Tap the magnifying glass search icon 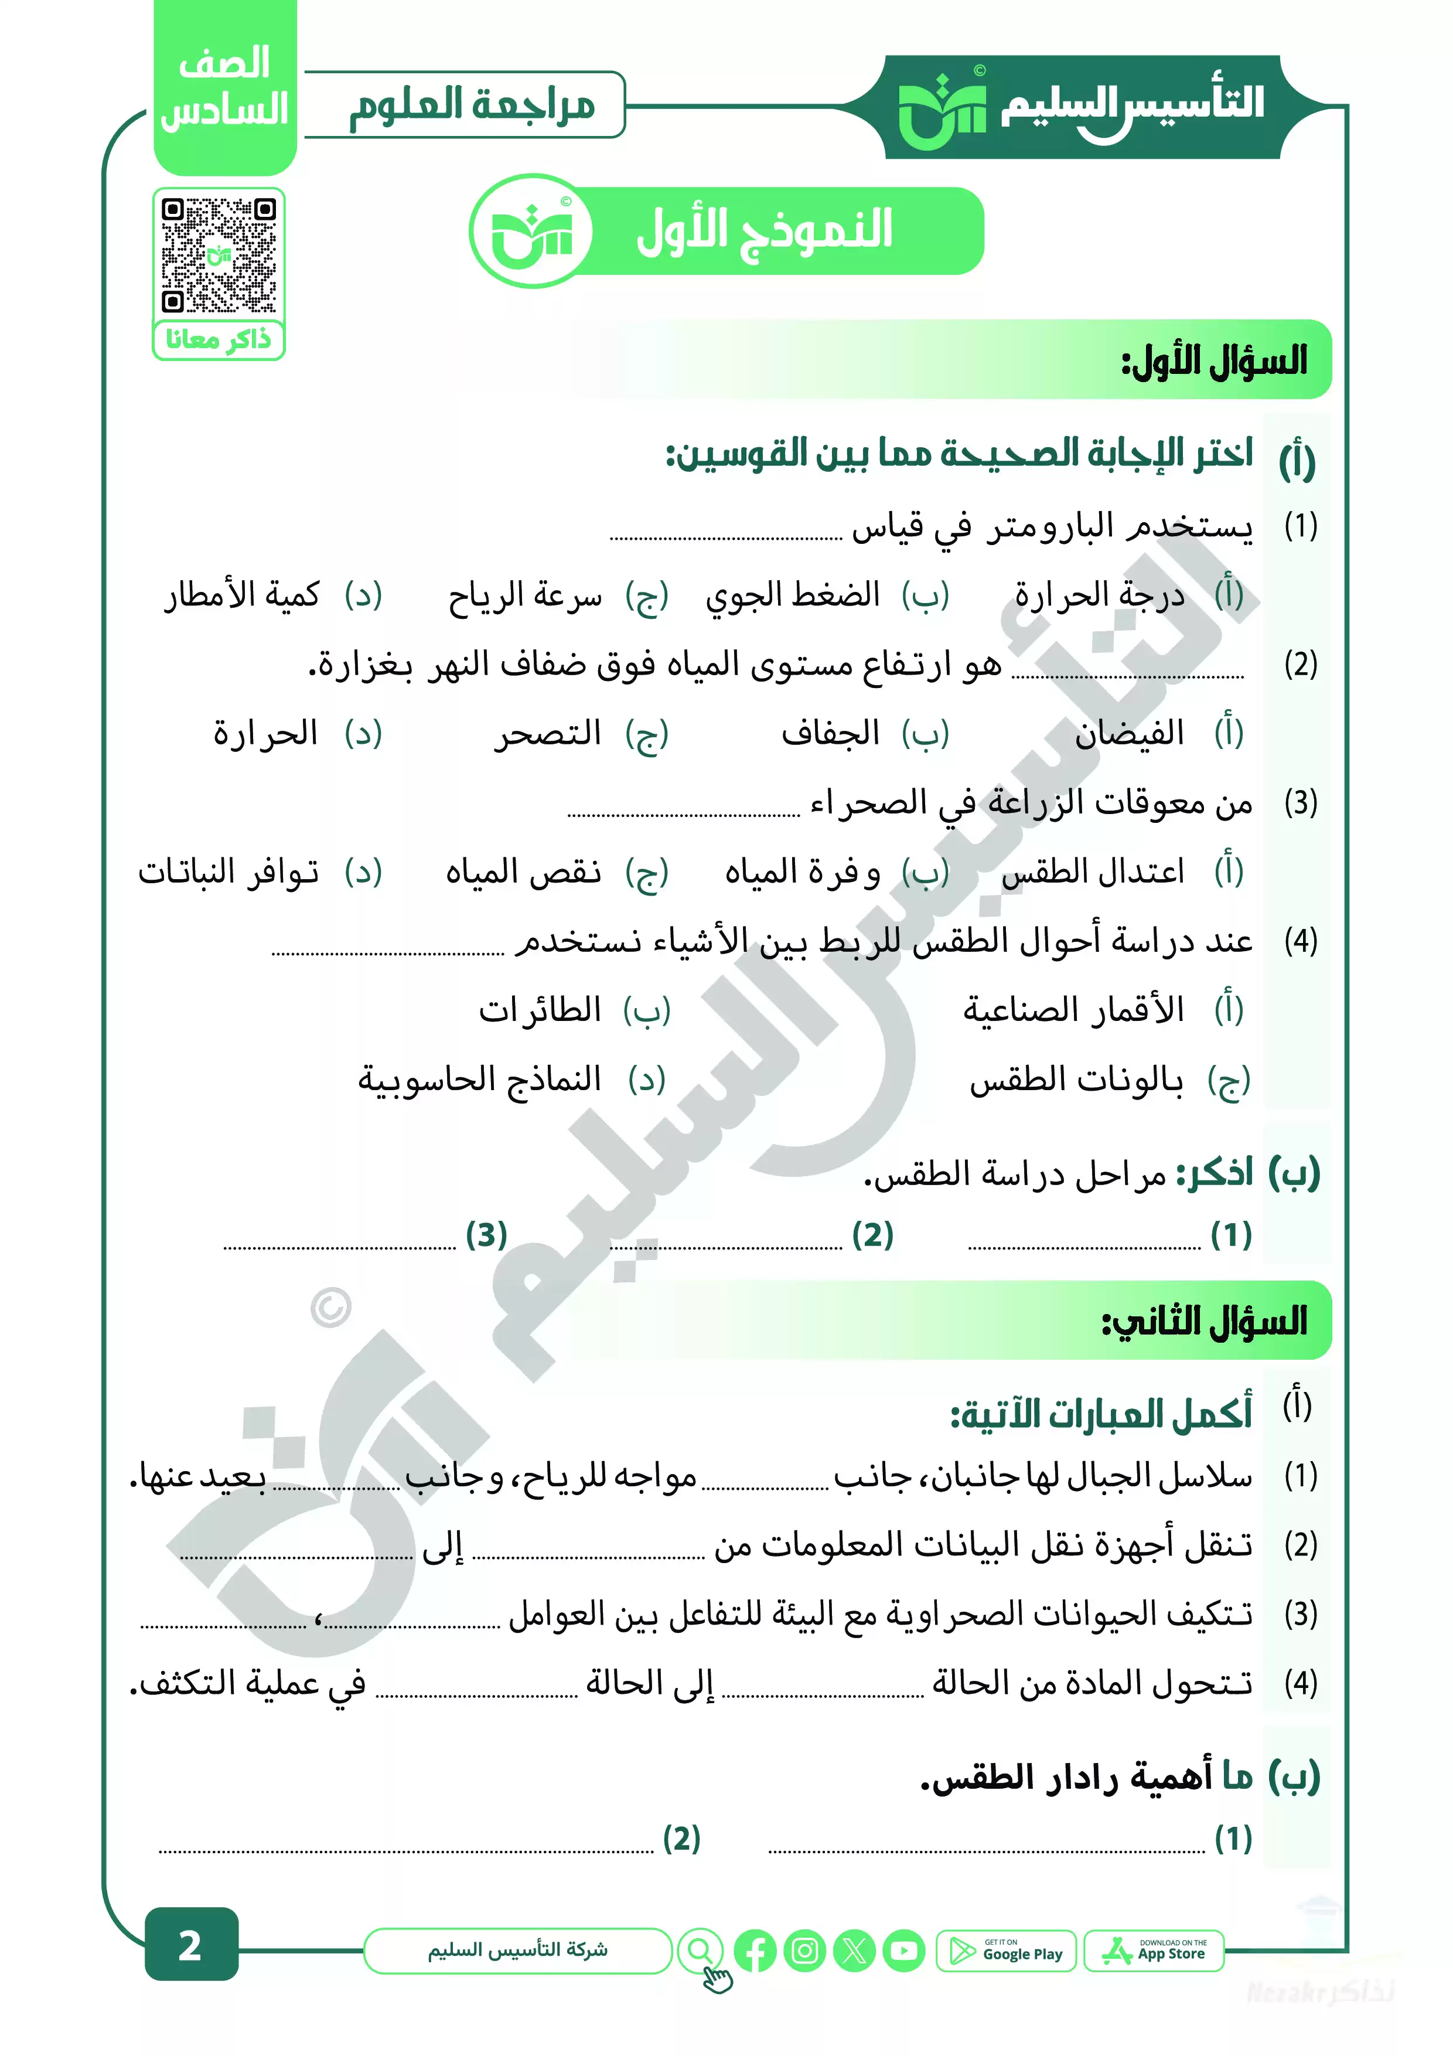click(x=700, y=1951)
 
